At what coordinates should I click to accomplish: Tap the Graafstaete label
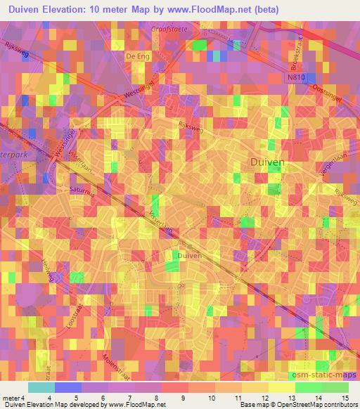(169, 30)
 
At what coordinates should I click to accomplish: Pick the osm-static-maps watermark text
(323, 375)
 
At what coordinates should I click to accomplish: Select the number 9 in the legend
(184, 397)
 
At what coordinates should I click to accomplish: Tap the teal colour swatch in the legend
(41, 387)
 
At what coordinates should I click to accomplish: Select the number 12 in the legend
(263, 397)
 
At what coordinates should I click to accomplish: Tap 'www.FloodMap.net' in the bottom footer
(136, 405)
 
